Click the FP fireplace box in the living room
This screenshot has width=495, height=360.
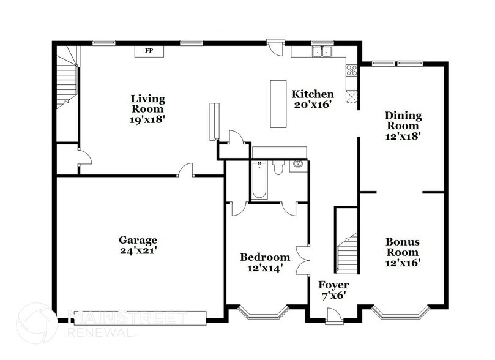pos(148,51)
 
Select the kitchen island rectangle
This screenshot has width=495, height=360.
pos(278,103)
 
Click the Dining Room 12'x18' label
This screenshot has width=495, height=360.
pos(403,126)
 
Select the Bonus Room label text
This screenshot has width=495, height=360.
pos(402,247)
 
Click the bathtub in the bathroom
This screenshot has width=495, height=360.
pos(258,181)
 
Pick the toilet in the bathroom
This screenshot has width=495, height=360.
pos(277,167)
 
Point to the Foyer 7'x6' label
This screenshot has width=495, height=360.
pos(333,290)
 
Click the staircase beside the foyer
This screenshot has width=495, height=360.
pos(346,242)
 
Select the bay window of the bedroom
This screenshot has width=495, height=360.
pos(263,313)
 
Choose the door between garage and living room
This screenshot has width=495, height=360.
pos(185,171)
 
